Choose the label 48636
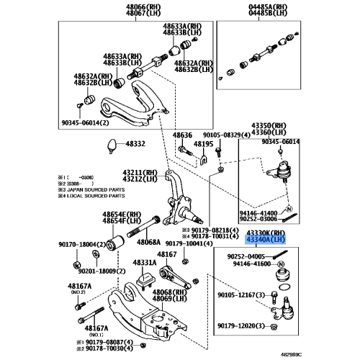(x=183, y=135)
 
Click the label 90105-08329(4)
(x=226, y=135)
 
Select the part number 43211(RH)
(x=140, y=173)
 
